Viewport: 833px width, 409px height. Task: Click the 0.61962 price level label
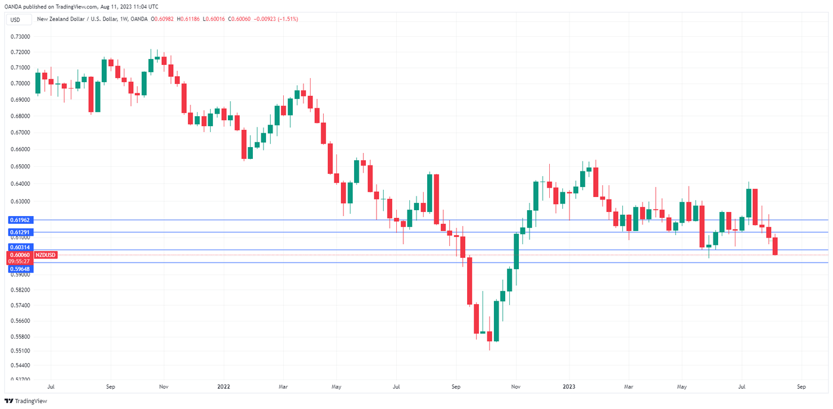(x=19, y=220)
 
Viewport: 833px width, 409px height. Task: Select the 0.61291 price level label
(x=19, y=232)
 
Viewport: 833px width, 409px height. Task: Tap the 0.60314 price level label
(x=19, y=246)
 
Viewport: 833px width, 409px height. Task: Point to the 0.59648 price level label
(x=19, y=269)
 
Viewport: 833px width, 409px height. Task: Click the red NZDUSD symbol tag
(x=45, y=255)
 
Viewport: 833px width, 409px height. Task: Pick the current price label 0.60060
(x=19, y=255)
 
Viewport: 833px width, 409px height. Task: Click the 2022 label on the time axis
(x=224, y=386)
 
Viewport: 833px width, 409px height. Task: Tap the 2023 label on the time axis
(x=569, y=386)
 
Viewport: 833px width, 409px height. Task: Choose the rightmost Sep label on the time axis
(x=801, y=386)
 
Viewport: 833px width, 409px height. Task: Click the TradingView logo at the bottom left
(x=26, y=401)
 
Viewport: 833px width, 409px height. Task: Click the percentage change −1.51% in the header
(x=287, y=19)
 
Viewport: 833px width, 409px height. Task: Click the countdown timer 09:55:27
(x=19, y=261)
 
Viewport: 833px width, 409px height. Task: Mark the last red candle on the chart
(x=775, y=246)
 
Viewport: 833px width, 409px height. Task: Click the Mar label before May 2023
(x=629, y=386)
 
